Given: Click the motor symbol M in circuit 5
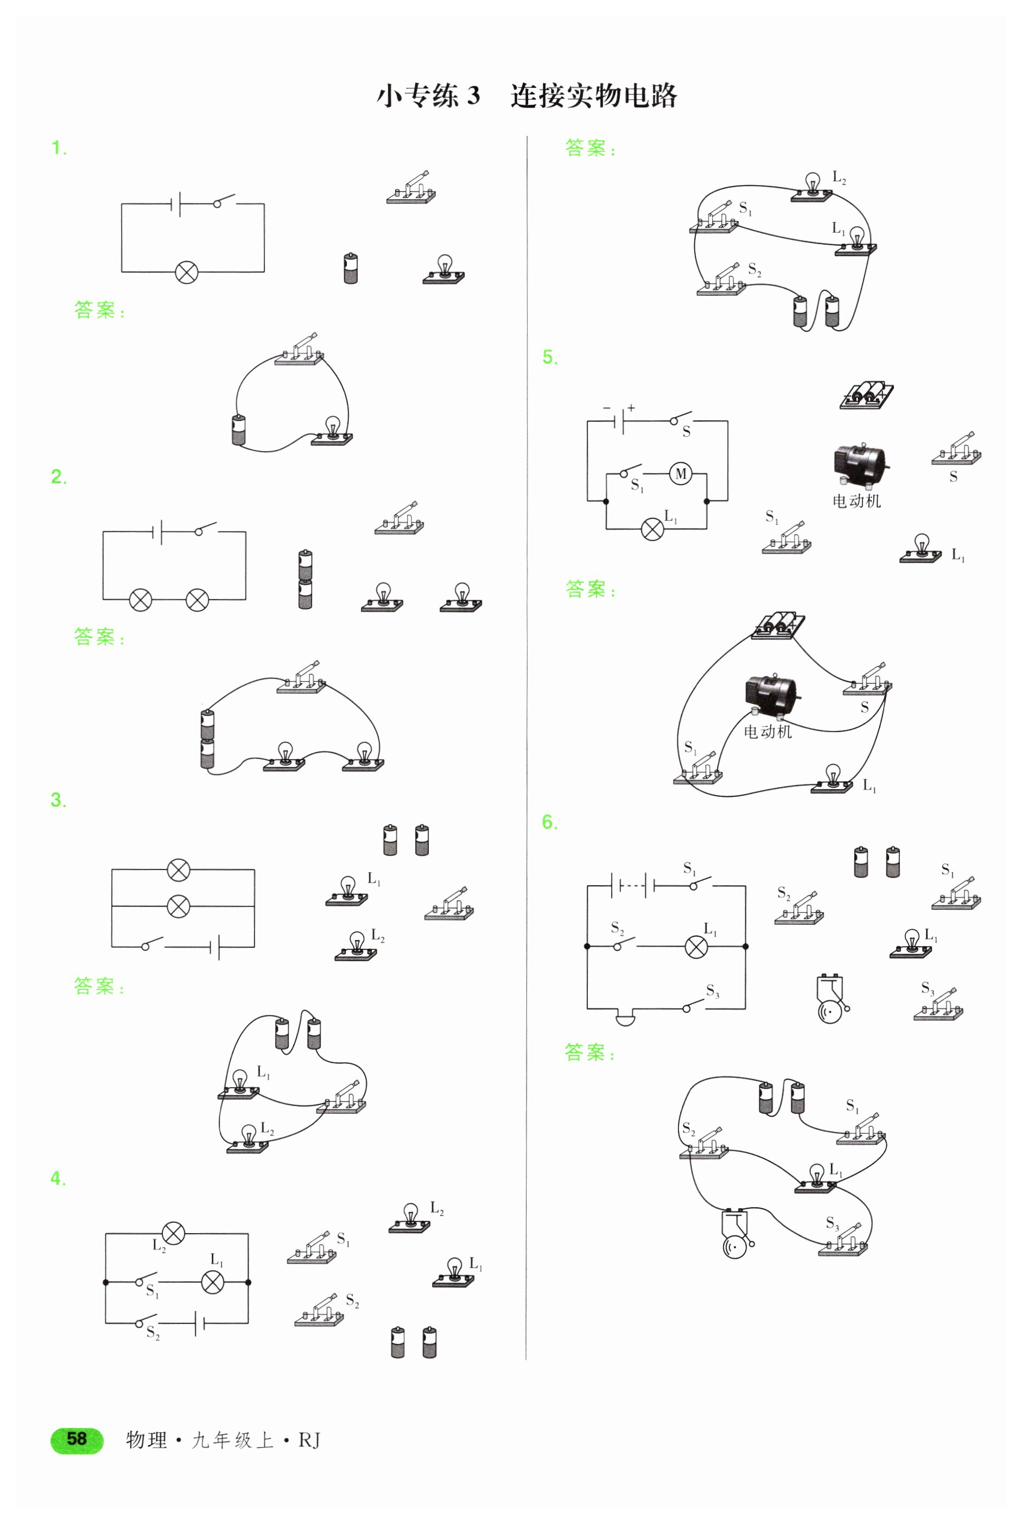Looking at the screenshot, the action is pyautogui.click(x=681, y=474).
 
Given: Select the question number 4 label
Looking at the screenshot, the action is pyautogui.click(x=58, y=1178).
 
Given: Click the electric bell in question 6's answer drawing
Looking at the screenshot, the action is pyautogui.click(x=737, y=1233).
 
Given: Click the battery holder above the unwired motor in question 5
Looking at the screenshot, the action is pyautogui.click(x=866, y=396).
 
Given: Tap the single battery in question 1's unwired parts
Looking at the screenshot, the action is pyautogui.click(x=351, y=268).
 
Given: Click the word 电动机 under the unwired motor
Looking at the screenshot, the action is pyautogui.click(x=856, y=500).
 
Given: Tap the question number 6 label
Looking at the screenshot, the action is pyautogui.click(x=550, y=822).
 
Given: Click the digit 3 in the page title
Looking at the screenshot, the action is pyautogui.click(x=473, y=96).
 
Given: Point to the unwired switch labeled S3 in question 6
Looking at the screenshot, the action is pyautogui.click(x=938, y=1004).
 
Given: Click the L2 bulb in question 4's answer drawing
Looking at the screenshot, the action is pyautogui.click(x=811, y=187).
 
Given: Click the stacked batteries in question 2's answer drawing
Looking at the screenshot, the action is pyautogui.click(x=207, y=740).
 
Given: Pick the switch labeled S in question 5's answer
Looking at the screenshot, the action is pyautogui.click(x=867, y=679).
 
